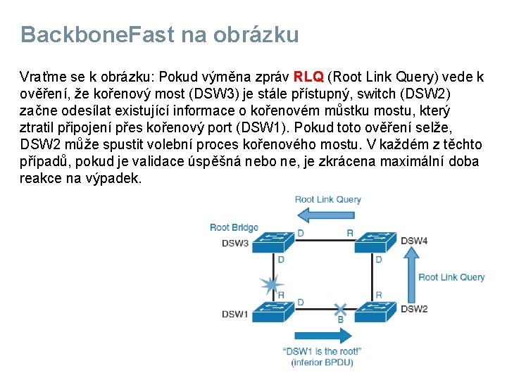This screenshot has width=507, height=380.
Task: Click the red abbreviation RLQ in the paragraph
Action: click(308, 77)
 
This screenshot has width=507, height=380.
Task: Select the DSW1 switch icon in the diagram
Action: click(270, 310)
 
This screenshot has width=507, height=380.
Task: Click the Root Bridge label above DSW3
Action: click(234, 227)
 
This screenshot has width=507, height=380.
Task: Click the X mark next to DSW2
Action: click(341, 309)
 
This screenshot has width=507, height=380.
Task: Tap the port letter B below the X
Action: click(341, 320)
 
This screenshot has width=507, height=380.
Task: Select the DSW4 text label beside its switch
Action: click(414, 241)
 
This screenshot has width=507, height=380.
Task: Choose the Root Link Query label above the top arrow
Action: click(327, 199)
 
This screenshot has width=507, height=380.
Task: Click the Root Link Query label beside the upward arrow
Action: click(451, 277)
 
